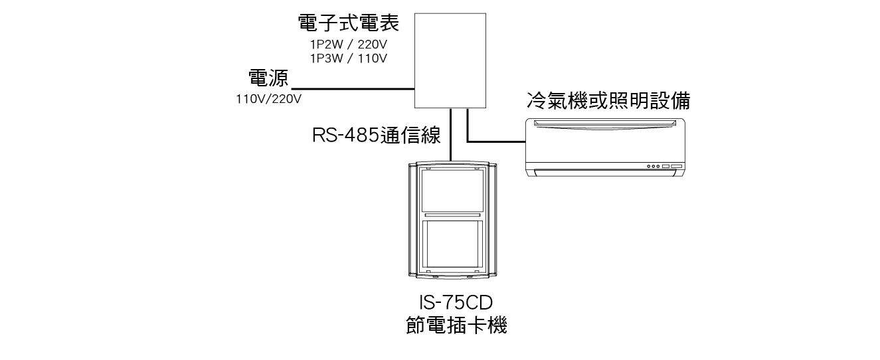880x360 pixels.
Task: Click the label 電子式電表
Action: coord(349,25)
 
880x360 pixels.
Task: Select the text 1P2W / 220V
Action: coord(349,45)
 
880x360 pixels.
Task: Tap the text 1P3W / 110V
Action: coord(349,58)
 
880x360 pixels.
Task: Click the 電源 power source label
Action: coord(268,79)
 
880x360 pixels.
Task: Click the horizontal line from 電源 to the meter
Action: coord(352,89)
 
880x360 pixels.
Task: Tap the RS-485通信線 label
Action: coord(377,135)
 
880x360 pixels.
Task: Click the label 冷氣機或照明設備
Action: coord(608,100)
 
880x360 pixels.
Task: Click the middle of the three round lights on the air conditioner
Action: coord(652,166)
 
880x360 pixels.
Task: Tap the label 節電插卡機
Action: coord(456,326)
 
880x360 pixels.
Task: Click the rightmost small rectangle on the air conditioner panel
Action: coord(676,166)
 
